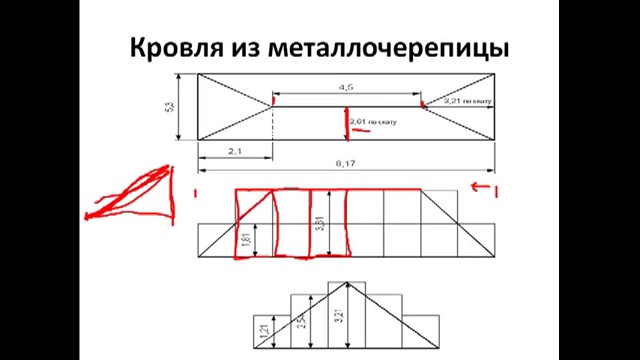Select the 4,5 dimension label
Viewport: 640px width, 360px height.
(347, 86)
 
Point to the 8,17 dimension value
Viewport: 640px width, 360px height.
(347, 163)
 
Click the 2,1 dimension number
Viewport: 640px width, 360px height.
(233, 151)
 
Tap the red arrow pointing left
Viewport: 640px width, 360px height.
(483, 187)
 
